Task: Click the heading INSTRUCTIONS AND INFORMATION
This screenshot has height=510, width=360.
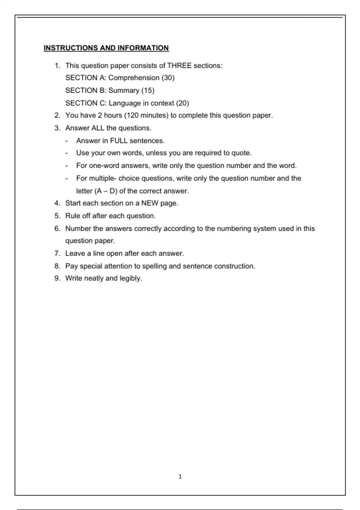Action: pos(106,48)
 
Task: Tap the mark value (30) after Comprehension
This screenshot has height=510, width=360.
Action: pos(168,78)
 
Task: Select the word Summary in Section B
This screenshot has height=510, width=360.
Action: pos(124,91)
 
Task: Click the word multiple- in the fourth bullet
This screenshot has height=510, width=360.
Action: pos(102,178)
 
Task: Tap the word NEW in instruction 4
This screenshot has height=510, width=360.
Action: pos(150,203)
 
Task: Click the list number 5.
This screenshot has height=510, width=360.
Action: pos(57,216)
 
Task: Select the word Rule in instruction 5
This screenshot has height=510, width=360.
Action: pos(72,216)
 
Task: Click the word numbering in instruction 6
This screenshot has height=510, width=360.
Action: pos(234,229)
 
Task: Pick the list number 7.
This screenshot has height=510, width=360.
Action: pos(57,253)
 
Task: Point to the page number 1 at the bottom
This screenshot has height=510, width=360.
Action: pos(180,477)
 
